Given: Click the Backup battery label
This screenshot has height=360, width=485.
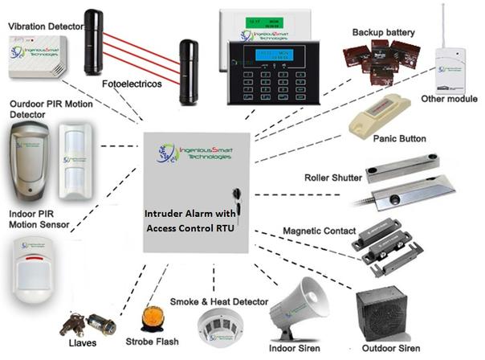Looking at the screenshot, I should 383,32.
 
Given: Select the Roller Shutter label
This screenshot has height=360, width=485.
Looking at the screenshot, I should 332,178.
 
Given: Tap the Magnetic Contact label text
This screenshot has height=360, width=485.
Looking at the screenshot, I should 316,231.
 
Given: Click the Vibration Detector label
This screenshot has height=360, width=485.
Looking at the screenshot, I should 46,27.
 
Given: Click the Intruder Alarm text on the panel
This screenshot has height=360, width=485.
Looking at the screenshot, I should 190,215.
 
